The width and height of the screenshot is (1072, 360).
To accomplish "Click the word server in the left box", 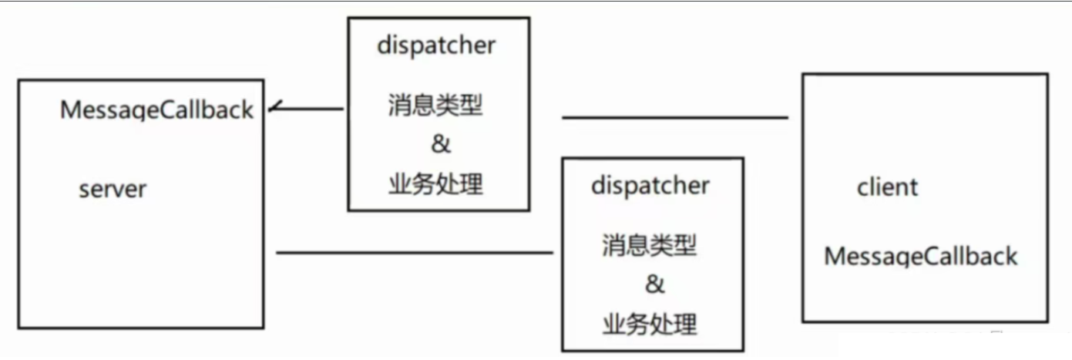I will (x=113, y=189).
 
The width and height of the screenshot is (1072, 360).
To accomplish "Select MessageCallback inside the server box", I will (x=156, y=110).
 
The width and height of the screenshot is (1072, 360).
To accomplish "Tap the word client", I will (x=887, y=187).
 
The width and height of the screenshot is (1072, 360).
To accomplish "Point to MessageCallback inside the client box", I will (x=921, y=256).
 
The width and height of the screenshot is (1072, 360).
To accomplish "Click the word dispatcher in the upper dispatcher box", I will (x=436, y=45).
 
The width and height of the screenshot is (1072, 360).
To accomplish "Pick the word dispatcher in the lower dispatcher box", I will (x=650, y=185).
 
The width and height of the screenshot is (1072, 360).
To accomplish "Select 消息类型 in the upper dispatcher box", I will (x=435, y=106).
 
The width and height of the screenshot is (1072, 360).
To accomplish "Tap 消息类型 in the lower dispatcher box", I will (x=650, y=246).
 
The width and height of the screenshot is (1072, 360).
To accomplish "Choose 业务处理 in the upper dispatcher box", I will (x=435, y=183).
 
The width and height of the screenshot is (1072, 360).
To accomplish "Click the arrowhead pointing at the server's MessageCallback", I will (x=274, y=109).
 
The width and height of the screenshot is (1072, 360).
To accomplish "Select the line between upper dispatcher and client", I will (x=675, y=118).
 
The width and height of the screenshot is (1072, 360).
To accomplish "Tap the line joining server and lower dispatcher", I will (x=415, y=252).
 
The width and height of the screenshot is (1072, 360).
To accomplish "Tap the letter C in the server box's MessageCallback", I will (x=170, y=110).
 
